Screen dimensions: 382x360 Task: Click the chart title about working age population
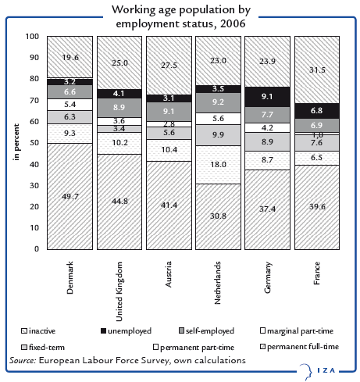click(x=180, y=17)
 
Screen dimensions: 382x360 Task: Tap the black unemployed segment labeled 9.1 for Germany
click(x=267, y=97)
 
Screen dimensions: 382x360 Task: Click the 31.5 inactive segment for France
click(x=316, y=70)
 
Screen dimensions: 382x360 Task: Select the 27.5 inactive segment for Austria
click(x=169, y=65)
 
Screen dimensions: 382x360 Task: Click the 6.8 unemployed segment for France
click(x=316, y=110)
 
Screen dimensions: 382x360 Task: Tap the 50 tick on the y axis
click(x=34, y=143)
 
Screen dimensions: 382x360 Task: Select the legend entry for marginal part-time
click(x=301, y=331)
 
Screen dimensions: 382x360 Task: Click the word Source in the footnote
click(x=25, y=360)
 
